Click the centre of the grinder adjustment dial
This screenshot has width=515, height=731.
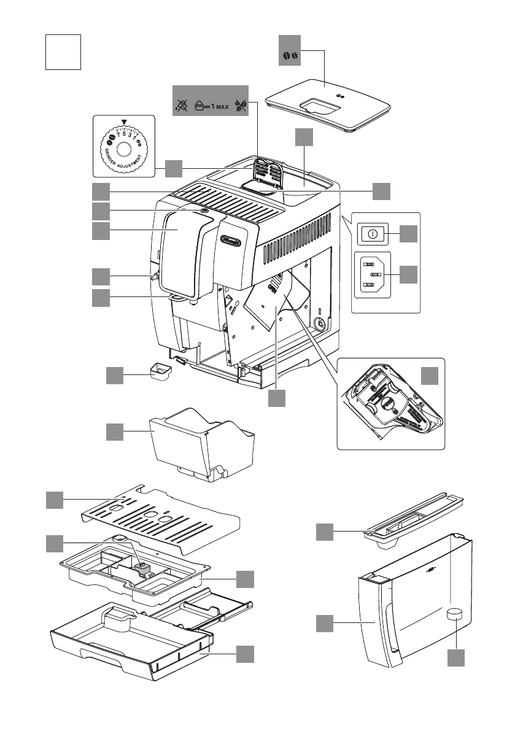coord(123,149)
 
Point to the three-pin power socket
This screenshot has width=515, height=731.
coord(374,275)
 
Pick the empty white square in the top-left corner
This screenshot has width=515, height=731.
coord(64,52)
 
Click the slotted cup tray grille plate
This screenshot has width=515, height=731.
coord(163,516)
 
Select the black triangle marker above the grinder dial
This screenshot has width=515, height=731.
coord(124,123)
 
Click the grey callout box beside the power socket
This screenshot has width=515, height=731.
coord(409,274)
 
